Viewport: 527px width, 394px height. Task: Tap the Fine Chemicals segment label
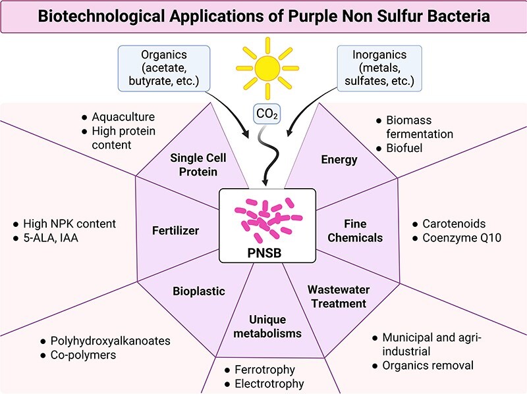tap(354, 231)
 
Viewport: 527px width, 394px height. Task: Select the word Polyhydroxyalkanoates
tap(110, 341)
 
